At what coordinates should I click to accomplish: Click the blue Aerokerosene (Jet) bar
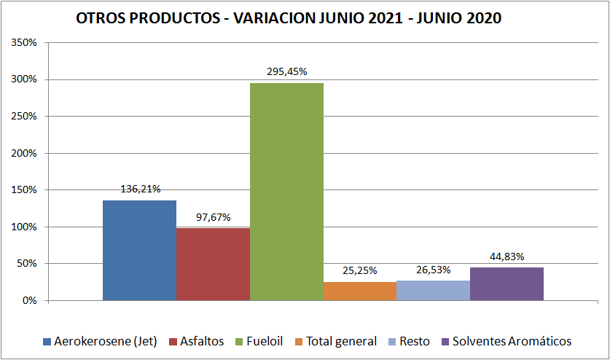pos(139,250)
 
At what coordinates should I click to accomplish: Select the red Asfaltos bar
pos(213,264)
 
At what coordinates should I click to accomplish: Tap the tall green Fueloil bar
pos(286,192)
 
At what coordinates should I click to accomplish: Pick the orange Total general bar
pos(360,291)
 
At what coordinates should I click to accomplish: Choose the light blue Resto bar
pos(434,290)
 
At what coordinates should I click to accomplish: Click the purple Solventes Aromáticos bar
pos(507,283)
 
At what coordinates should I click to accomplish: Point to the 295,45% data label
pos(287,72)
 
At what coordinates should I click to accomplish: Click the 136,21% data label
pos(141,189)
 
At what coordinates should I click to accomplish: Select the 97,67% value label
pos(214,217)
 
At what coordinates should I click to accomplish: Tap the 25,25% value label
pos(360,270)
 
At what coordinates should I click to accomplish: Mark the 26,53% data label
pos(434,270)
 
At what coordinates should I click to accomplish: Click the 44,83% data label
pos(507,257)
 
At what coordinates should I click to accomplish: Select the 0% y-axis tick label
pos(29,300)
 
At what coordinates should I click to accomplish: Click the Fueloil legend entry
pos(261,341)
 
